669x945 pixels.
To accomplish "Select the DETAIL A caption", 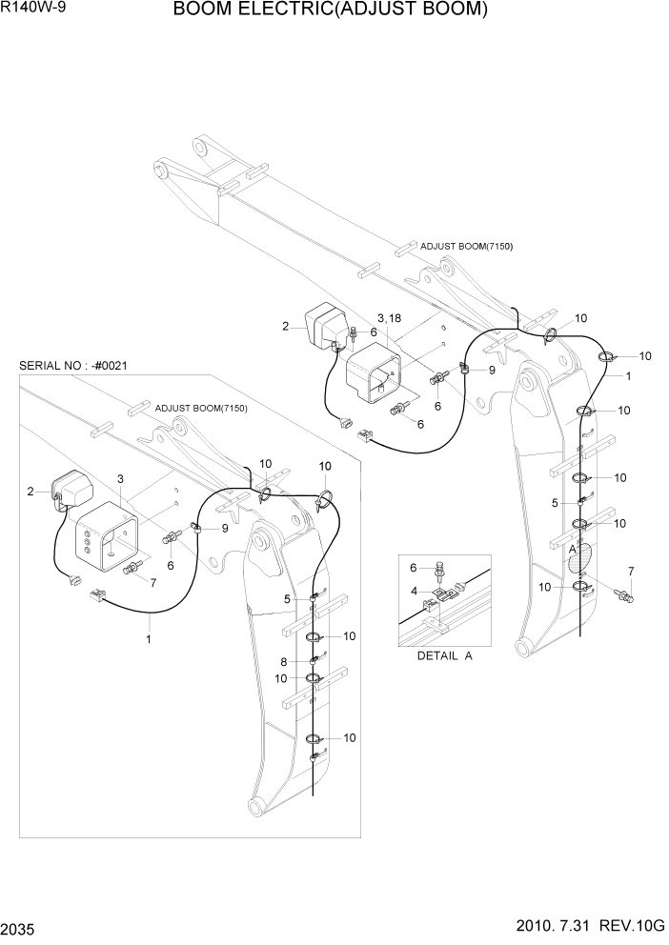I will (444, 656).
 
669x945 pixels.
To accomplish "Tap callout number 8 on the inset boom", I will (284, 661).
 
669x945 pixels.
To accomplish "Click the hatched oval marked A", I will (579, 556).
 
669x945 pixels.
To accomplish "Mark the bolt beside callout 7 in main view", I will (625, 596).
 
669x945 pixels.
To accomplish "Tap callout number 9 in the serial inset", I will (225, 528).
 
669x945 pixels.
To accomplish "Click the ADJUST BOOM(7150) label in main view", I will (466, 247).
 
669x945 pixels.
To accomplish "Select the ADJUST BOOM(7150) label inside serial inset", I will (201, 409).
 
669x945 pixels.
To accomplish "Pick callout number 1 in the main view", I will (628, 376).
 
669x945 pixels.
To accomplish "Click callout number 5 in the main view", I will (554, 502).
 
